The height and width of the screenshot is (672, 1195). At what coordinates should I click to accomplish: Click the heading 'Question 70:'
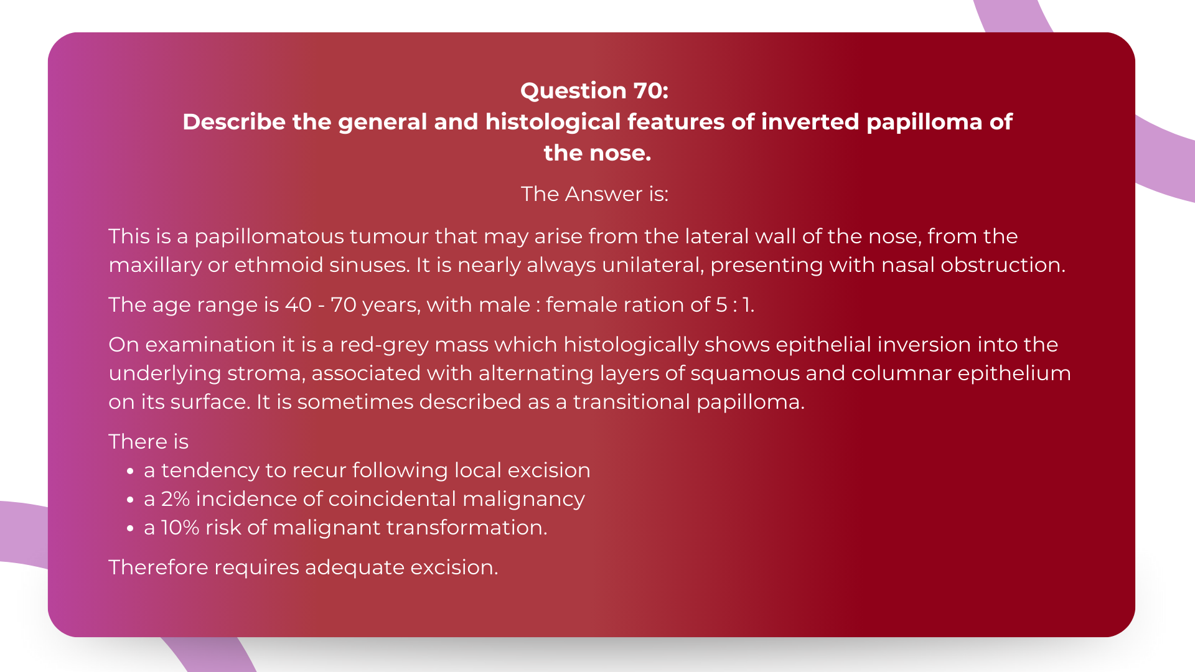[594, 91]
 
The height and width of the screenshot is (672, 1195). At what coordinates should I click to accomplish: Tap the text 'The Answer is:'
[594, 194]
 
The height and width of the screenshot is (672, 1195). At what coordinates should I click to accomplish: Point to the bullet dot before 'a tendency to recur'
[130, 472]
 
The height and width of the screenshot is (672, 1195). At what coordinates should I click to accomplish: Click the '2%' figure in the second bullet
[175, 499]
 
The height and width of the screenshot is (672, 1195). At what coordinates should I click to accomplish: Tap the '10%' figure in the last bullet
[180, 528]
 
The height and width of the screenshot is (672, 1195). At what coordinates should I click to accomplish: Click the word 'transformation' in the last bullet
[466, 528]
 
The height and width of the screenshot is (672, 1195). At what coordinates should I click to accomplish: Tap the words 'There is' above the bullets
[148, 442]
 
